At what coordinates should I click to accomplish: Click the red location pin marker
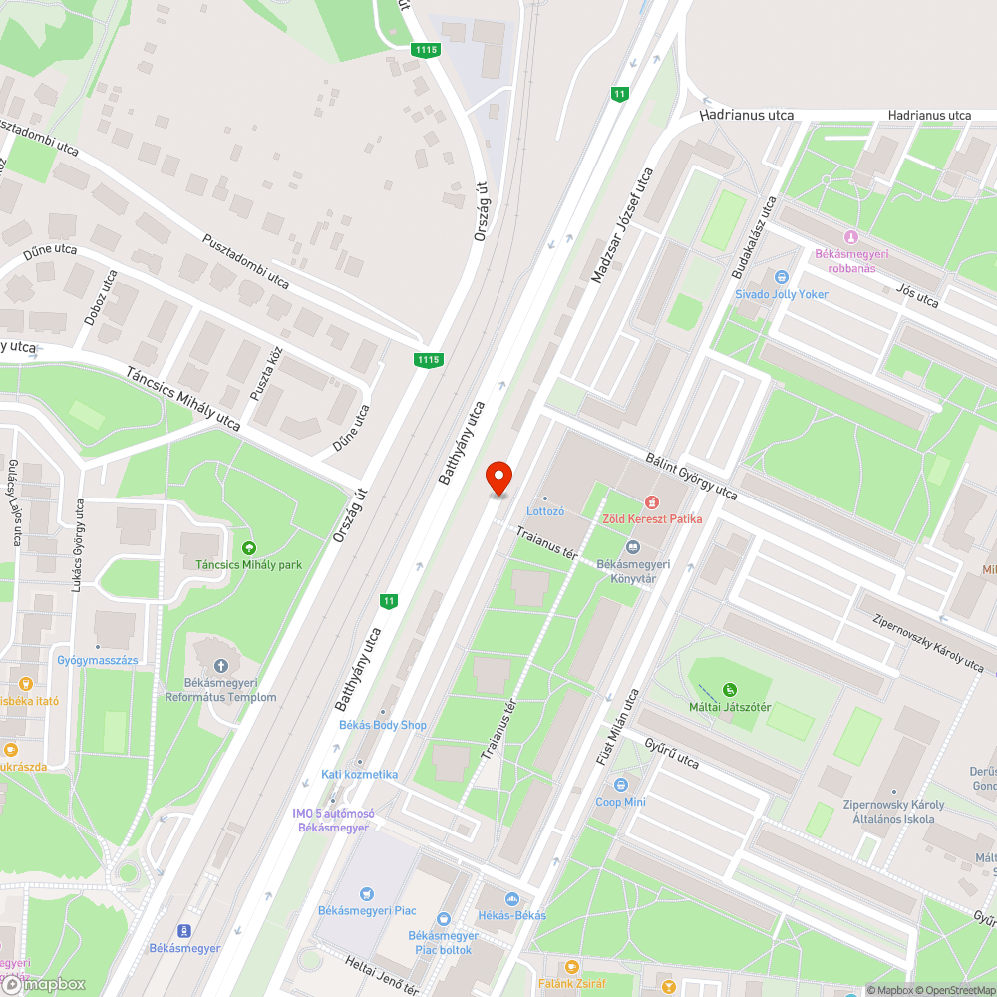498,478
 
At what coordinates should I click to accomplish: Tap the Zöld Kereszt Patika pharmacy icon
652,501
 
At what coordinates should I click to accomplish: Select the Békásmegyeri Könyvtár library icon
632,546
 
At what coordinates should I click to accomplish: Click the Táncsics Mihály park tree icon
248,547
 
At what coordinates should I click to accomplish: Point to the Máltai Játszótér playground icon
731,689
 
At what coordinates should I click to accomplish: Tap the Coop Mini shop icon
621,785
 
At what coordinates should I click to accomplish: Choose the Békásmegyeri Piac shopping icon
367,894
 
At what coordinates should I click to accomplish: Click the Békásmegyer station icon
183,931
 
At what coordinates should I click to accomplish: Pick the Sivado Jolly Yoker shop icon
781,277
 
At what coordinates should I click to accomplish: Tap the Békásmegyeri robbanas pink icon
850,236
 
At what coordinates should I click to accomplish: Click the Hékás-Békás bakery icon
510,898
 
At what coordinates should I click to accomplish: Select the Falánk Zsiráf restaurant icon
571,966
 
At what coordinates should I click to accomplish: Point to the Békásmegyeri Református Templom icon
220,665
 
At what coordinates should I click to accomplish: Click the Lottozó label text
544,511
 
